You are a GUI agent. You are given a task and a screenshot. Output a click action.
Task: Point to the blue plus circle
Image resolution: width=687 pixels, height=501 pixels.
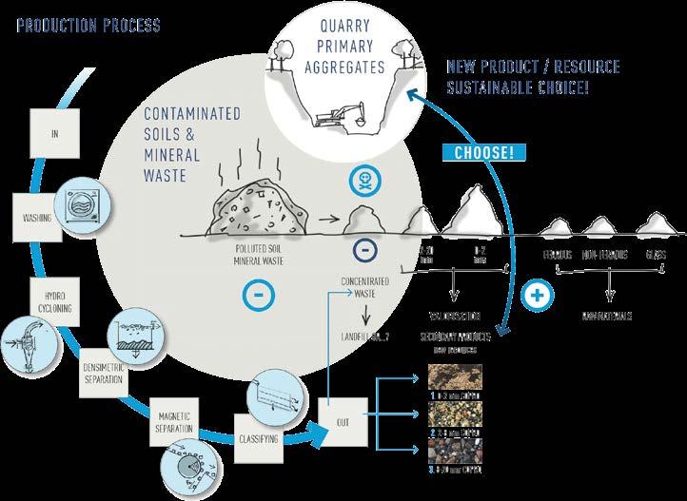pos(538,295)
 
